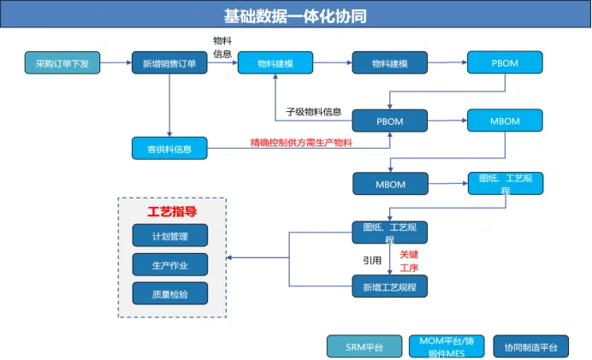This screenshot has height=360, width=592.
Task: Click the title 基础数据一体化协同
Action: (295, 15)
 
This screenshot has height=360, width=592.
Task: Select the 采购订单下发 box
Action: (62, 63)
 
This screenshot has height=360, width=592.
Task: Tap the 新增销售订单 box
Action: (170, 63)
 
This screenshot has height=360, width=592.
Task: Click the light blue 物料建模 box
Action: (275, 63)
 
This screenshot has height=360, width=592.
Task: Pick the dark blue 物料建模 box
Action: (389, 63)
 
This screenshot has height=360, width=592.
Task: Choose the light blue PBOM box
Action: (504, 63)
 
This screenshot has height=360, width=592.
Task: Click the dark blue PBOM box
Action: (389, 121)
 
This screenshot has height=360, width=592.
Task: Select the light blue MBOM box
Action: (504, 121)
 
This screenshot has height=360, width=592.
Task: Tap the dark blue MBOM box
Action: (389, 183)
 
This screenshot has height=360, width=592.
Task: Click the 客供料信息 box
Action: (170, 149)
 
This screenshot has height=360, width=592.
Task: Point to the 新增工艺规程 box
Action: (389, 286)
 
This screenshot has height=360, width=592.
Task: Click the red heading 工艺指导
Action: (172, 211)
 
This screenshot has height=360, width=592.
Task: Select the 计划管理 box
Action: (169, 236)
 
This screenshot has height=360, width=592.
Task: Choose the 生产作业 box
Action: (169, 265)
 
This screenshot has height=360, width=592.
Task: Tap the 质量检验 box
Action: (169, 293)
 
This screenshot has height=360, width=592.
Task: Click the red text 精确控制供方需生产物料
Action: (300, 142)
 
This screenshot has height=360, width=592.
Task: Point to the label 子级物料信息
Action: (313, 111)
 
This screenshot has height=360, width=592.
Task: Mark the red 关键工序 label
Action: (409, 261)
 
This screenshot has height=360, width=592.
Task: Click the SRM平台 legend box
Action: (364, 346)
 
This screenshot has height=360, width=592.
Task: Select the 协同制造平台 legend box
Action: (530, 346)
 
